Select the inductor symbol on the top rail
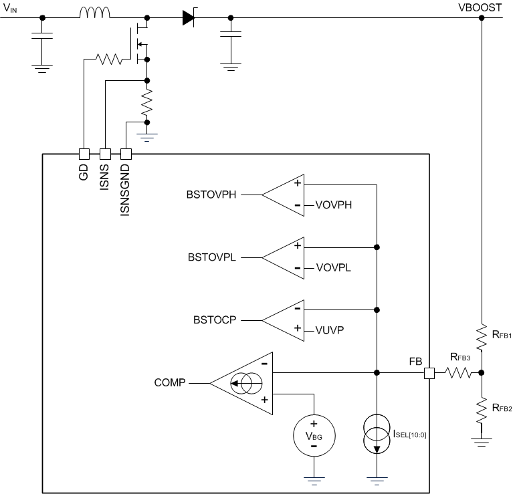96,13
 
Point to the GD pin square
84,153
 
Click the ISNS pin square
105,153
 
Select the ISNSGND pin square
126,153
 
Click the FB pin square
429,373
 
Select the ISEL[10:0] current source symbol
377,436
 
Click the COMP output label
170,384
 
